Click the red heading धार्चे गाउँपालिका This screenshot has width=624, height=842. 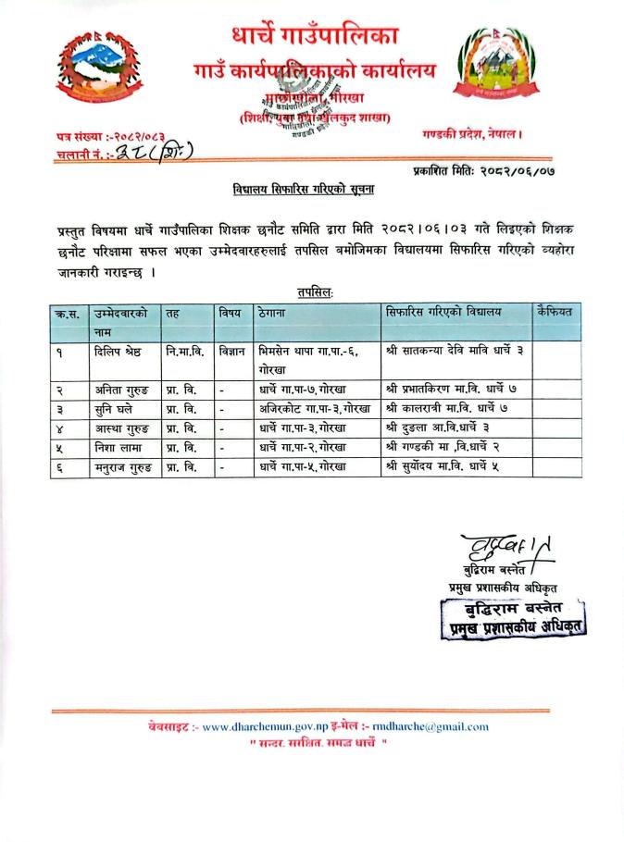pyautogui.click(x=315, y=37)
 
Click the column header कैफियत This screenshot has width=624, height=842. pyautogui.click(x=554, y=313)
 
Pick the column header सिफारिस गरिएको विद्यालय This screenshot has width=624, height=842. pyautogui.click(x=432, y=313)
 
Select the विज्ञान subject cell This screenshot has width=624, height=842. pyautogui.click(x=231, y=352)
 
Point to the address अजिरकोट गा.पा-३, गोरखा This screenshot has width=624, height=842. pyautogui.click(x=315, y=408)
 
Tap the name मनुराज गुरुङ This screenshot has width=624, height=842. pyautogui.click(x=125, y=467)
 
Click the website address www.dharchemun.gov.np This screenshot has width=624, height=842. pyautogui.click(x=258, y=726)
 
